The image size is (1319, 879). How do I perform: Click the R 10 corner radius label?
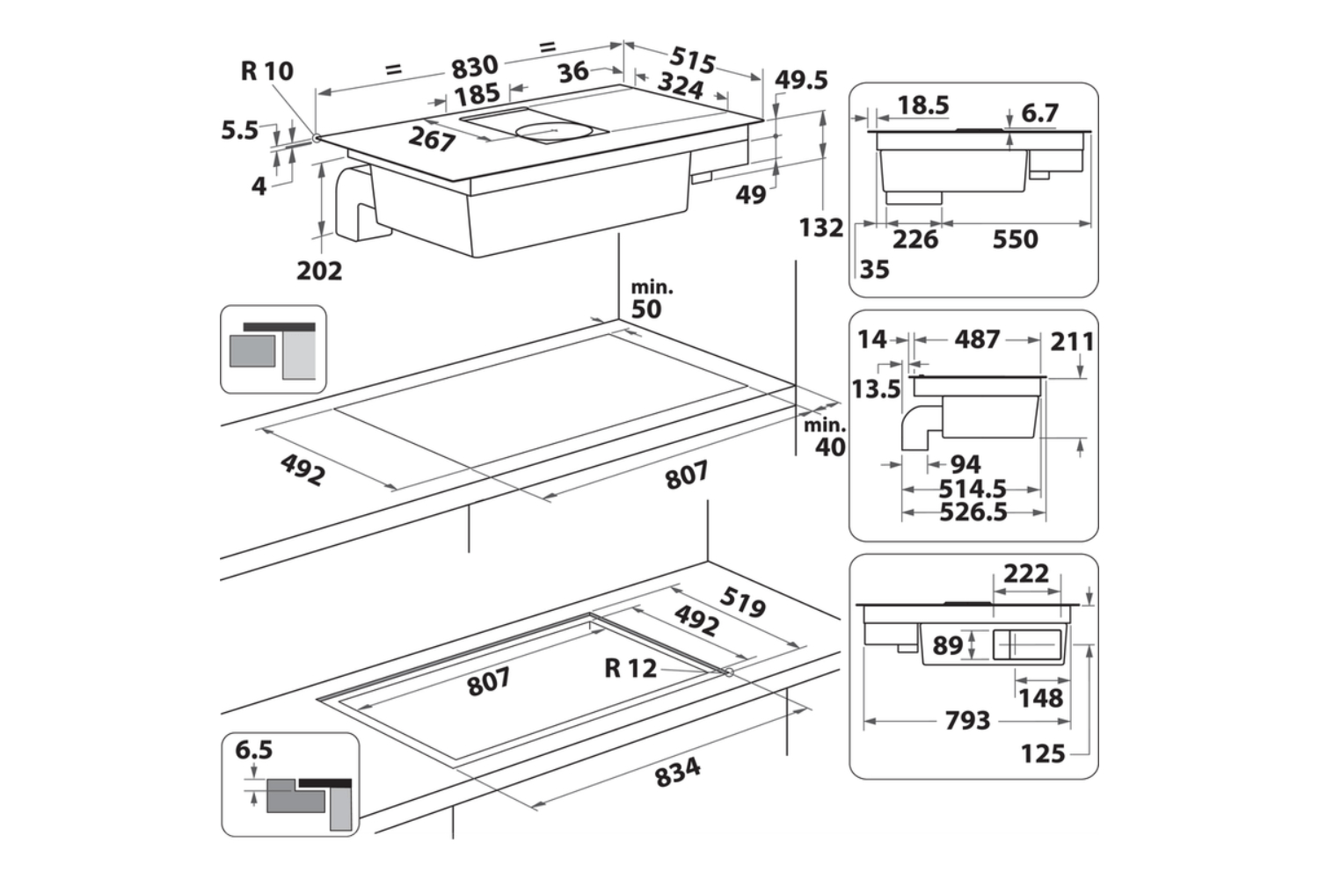266,70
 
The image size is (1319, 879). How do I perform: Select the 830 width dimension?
474,66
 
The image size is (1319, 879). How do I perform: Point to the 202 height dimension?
318,270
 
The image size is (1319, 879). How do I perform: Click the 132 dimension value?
820,228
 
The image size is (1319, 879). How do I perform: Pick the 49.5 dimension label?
801,80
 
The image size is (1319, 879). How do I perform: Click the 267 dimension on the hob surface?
432,139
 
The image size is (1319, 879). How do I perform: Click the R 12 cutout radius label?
630,668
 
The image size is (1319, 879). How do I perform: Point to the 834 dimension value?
678,773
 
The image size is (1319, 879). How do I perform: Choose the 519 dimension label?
743,602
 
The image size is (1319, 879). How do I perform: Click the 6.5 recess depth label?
254,750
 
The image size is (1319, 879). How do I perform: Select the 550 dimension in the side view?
1015,239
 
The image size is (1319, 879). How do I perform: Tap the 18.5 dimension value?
922,105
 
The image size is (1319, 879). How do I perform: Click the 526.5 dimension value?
973,512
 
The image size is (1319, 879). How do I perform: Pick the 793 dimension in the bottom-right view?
967,721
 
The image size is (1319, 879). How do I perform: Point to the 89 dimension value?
947,645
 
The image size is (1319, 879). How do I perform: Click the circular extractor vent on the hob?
549,132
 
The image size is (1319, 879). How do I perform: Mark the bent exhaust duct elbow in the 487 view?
918,432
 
